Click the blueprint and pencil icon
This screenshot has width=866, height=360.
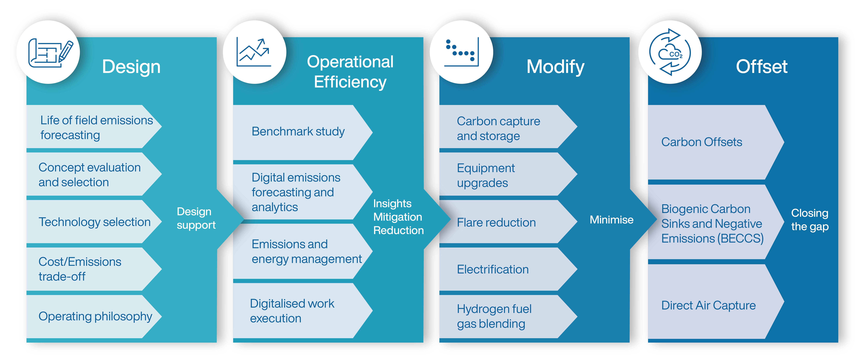(50, 53)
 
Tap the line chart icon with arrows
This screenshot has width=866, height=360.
(254, 52)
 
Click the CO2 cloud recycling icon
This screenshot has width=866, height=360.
(670, 52)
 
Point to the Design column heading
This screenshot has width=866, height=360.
(131, 67)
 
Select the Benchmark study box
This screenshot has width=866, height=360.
(303, 132)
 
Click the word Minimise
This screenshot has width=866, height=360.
(612, 219)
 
